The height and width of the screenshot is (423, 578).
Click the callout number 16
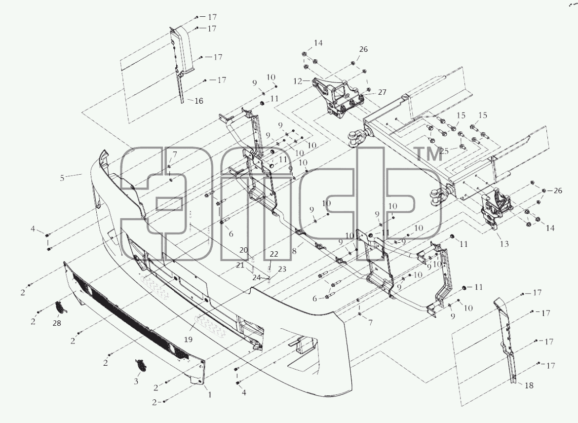coord(199,101)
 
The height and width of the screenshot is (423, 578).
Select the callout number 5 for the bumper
coord(62,178)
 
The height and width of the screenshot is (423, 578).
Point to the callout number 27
coord(382,92)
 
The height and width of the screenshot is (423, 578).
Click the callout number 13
coord(504,243)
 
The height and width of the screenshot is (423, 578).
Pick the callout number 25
coord(444,151)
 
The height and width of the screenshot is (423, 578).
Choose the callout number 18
coord(529,385)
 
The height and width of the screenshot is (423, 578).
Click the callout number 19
coord(189,340)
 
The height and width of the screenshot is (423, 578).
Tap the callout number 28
coord(57,323)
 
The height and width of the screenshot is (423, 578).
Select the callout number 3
coord(136,382)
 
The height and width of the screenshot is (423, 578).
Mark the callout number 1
coord(210,395)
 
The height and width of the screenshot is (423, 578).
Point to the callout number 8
coord(294,251)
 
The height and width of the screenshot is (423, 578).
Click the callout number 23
coord(282,269)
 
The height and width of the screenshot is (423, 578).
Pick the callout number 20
coord(243,250)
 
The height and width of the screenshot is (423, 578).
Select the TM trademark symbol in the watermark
coord(428,154)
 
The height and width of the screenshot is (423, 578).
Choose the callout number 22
coord(274,254)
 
